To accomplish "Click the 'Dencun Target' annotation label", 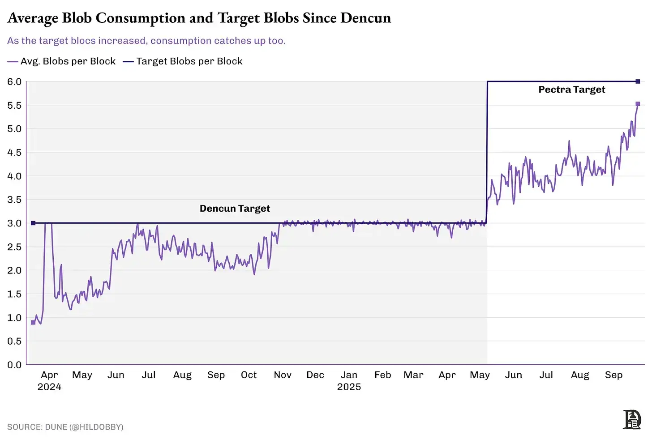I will tap(235, 209).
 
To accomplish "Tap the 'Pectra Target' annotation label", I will tap(571, 90).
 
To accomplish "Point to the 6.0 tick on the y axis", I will tap(14, 81).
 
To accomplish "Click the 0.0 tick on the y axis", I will tap(14, 365).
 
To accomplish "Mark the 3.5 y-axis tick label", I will tap(14, 200).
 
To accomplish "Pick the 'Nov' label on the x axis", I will tap(283, 375).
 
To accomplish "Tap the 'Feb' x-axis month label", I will tap(383, 375).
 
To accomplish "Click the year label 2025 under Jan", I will tap(349, 387).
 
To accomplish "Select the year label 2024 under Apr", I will tap(49, 387).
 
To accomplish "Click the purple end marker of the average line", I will tap(638, 104).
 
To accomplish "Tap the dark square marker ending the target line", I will tap(638, 81).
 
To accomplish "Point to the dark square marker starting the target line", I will tap(33, 223).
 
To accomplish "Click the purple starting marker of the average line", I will tap(33, 322).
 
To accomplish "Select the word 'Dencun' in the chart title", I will tap(365, 18).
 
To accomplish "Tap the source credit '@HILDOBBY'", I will tap(96, 427).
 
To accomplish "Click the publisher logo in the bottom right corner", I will tap(632, 420).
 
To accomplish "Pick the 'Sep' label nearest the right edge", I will tap(613, 375).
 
